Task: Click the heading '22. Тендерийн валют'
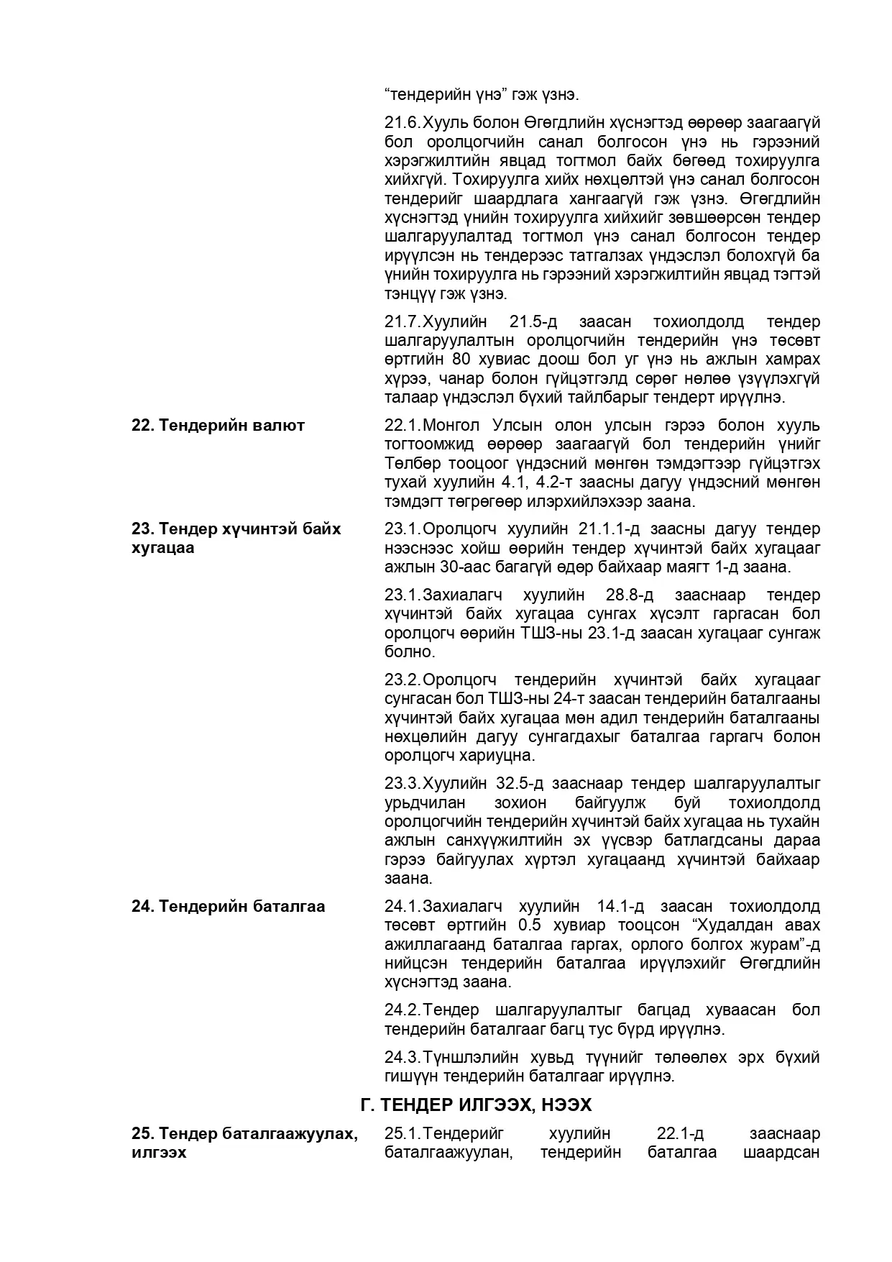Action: pos(218,425)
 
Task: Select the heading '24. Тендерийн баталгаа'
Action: pos(228,906)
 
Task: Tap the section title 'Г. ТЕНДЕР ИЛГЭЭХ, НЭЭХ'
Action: pos(476,1105)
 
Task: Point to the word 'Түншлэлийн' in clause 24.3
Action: pos(467,1057)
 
